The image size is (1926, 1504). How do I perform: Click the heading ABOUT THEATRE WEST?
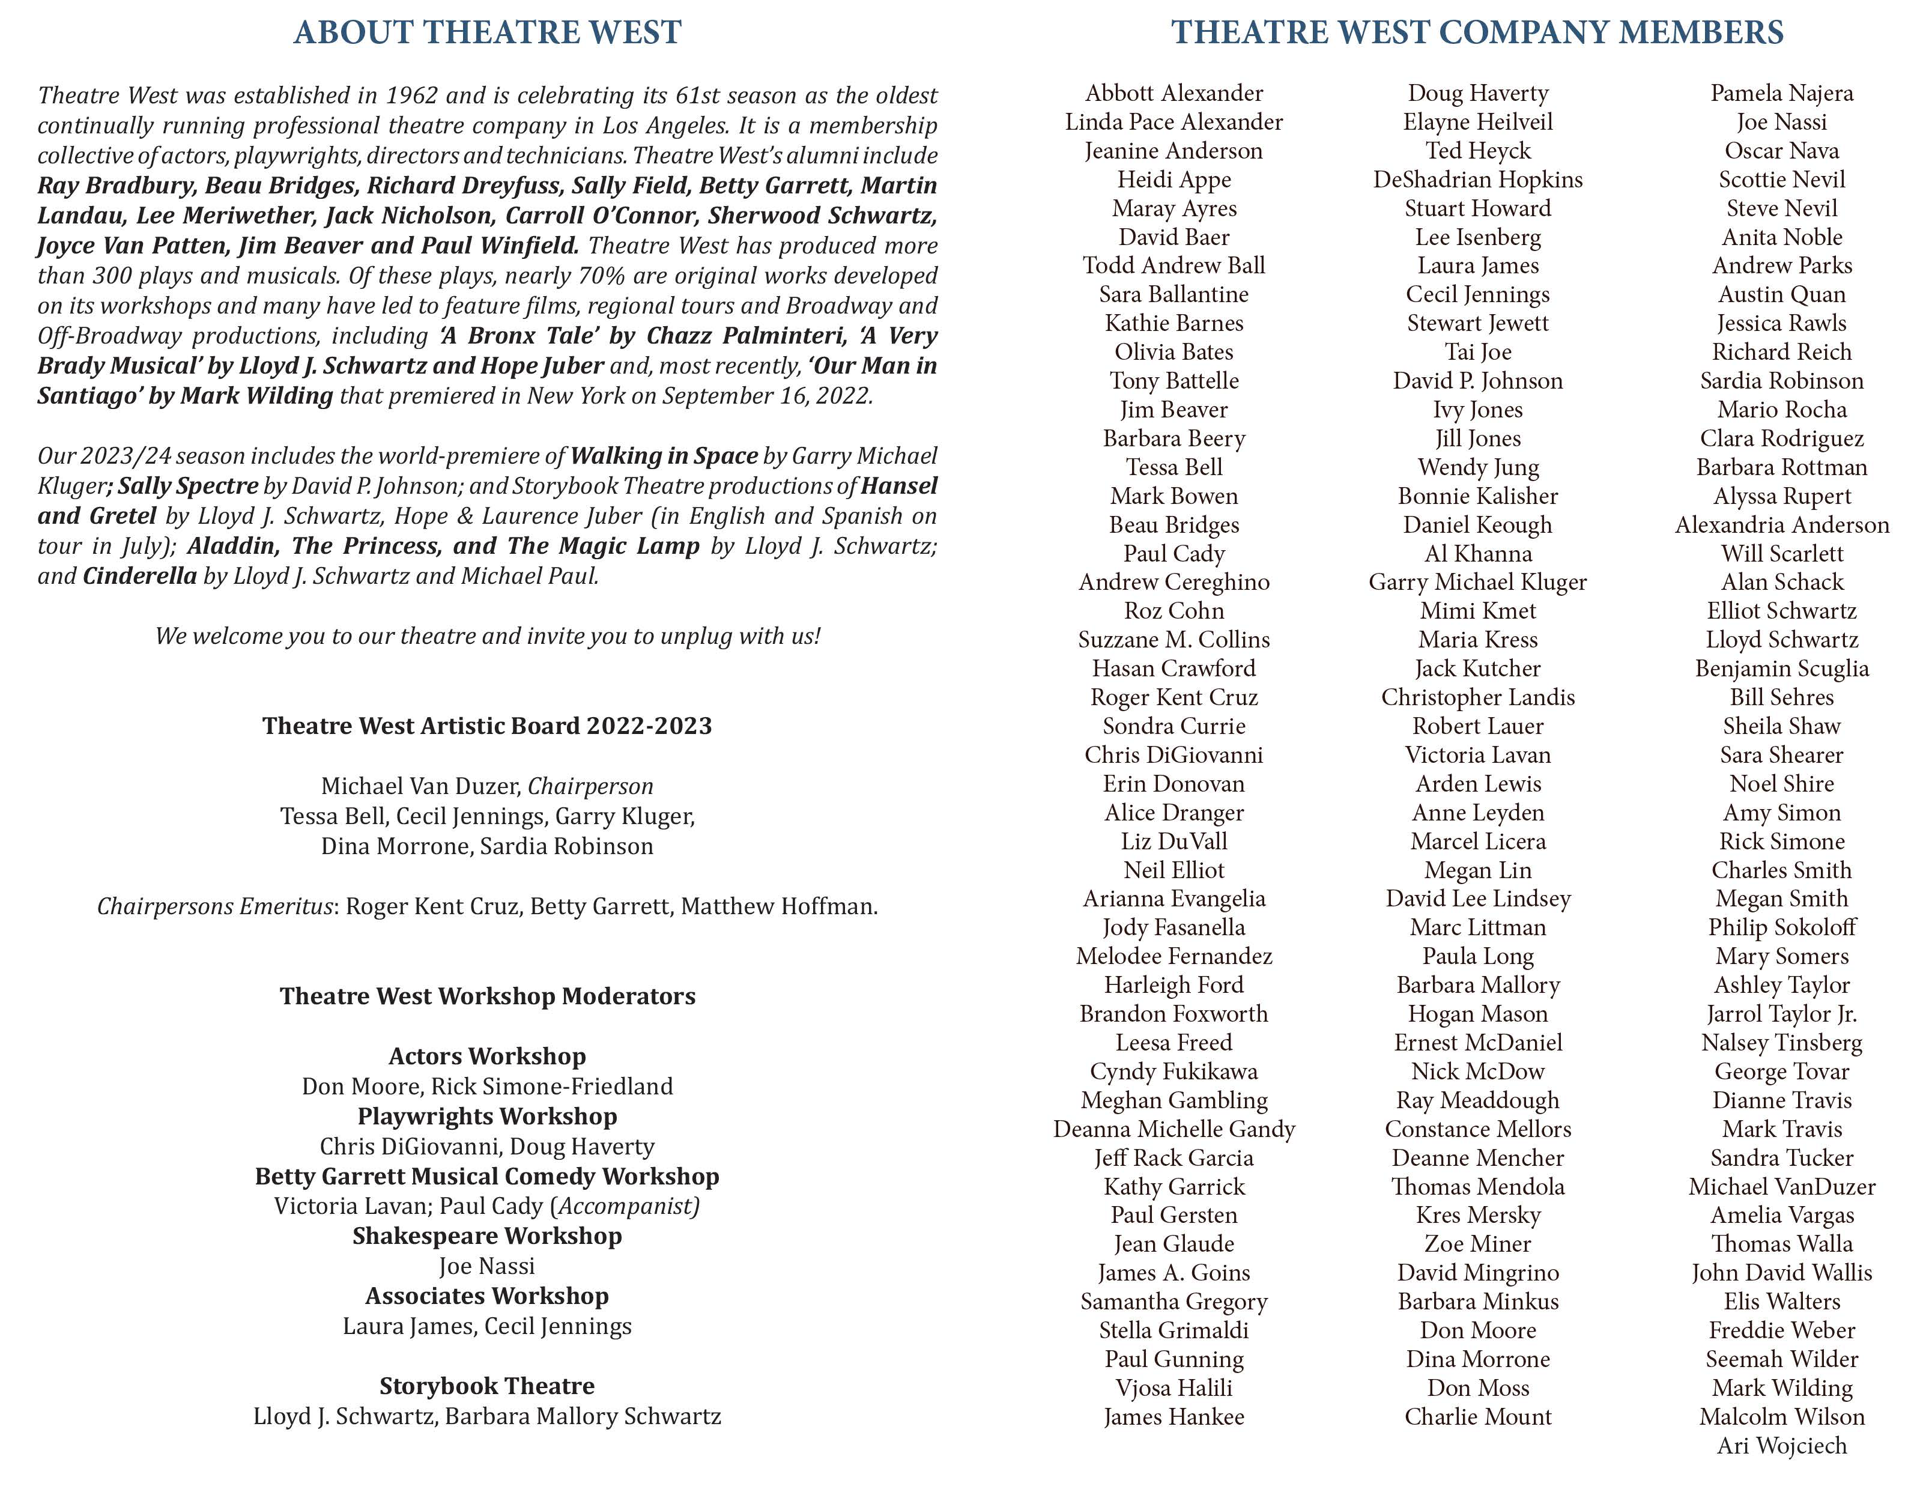pos(487,32)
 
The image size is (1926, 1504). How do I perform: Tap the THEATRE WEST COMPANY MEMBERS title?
pos(1477,32)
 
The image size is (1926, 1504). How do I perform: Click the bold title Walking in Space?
pos(664,456)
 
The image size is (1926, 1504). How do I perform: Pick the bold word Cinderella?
pos(139,576)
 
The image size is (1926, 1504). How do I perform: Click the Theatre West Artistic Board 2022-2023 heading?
pos(487,726)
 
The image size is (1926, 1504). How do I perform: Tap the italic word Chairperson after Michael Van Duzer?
pos(591,786)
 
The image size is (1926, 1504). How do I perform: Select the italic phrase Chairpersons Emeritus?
pos(214,906)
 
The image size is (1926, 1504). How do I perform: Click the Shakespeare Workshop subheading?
pos(487,1236)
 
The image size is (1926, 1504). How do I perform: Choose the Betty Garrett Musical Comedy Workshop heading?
pos(487,1176)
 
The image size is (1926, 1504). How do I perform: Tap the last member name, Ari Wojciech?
pos(1781,1446)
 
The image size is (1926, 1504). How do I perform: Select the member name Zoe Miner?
pos(1477,1244)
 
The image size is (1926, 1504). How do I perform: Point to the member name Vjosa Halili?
pos(1173,1387)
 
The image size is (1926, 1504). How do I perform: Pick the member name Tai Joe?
pos(1477,352)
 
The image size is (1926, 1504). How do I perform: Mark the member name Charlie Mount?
pos(1477,1417)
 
